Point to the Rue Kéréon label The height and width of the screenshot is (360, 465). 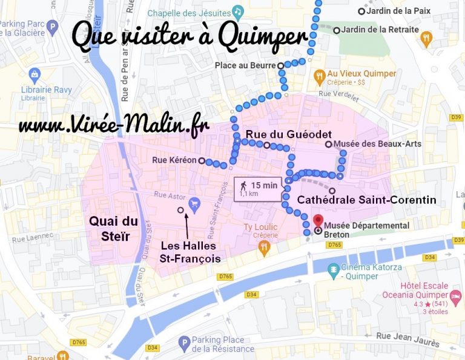point(174,160)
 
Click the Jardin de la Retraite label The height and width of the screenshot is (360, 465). point(380,29)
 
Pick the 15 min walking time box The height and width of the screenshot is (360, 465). point(257,189)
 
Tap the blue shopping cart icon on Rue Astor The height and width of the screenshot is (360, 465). point(195,203)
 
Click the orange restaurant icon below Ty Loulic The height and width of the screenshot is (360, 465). point(263,247)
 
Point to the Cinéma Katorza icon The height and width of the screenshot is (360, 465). point(332,268)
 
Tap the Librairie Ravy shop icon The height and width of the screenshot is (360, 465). point(35,75)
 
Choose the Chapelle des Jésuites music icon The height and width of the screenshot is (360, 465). point(239,11)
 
